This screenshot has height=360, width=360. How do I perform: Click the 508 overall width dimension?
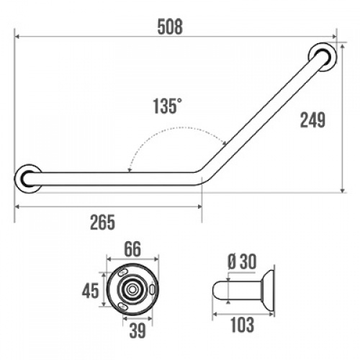(170, 27)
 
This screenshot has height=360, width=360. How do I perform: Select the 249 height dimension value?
(312, 120)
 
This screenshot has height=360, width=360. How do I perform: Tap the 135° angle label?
(167, 106)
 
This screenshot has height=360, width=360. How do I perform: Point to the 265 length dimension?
(102, 222)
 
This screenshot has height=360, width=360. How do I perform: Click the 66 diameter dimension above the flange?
(132, 249)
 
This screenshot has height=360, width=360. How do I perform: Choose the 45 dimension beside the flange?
(90, 291)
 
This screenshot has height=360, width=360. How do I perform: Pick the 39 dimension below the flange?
(138, 330)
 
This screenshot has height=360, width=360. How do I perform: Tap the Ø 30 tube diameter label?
(242, 261)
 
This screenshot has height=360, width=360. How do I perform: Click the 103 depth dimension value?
(242, 325)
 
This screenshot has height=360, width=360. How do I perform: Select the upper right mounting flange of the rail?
(323, 57)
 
